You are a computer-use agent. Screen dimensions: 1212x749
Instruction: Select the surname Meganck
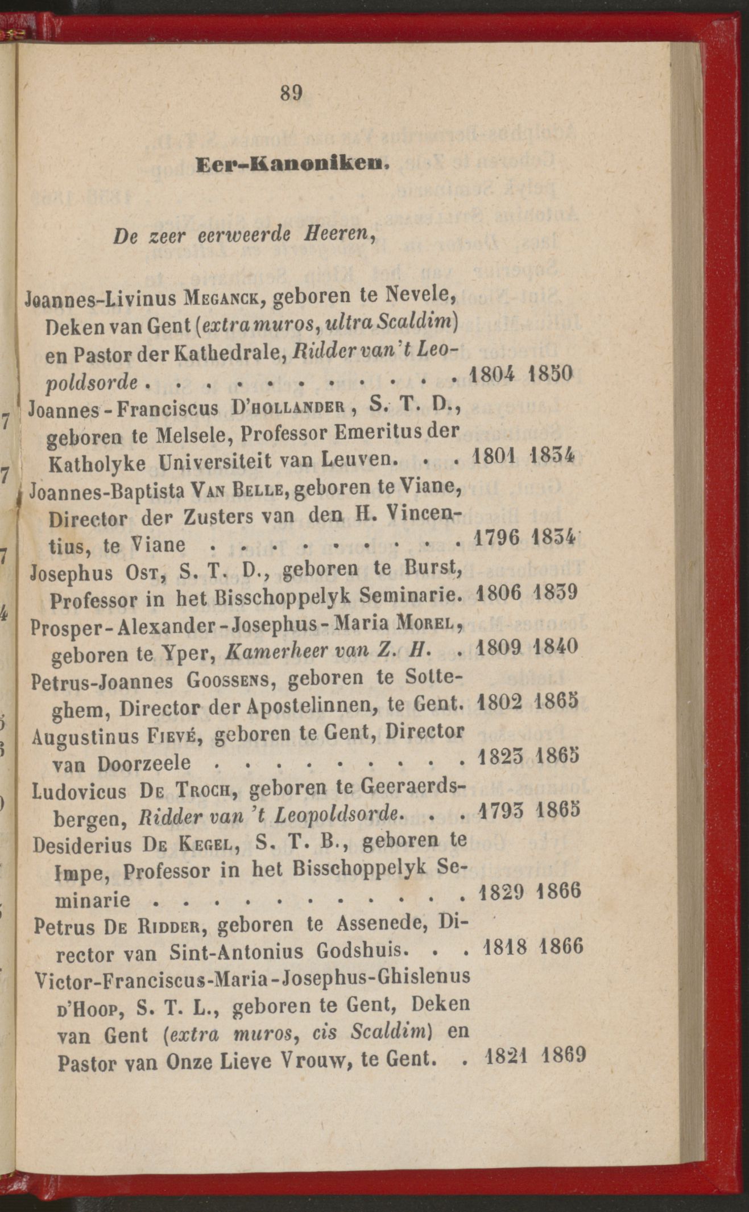(225, 298)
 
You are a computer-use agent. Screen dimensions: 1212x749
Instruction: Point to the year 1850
(549, 374)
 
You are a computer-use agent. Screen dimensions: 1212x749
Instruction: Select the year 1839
(556, 592)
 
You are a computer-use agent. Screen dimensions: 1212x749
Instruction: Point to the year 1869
(564, 1056)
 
